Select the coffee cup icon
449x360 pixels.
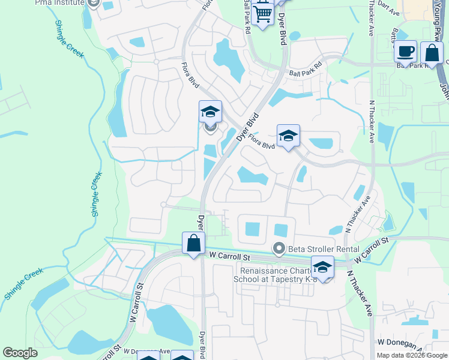point(406,52)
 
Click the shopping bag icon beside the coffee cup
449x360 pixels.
point(432,53)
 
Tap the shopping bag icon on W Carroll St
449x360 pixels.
point(193,244)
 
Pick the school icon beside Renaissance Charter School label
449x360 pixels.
point(322,267)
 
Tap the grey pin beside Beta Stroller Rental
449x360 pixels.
point(279,247)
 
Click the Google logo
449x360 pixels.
point(20,353)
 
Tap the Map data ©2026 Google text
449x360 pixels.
point(412,355)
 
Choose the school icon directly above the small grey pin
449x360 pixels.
point(210,112)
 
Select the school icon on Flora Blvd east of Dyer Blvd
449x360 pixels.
point(288,136)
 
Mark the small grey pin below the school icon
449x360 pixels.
point(210,126)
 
